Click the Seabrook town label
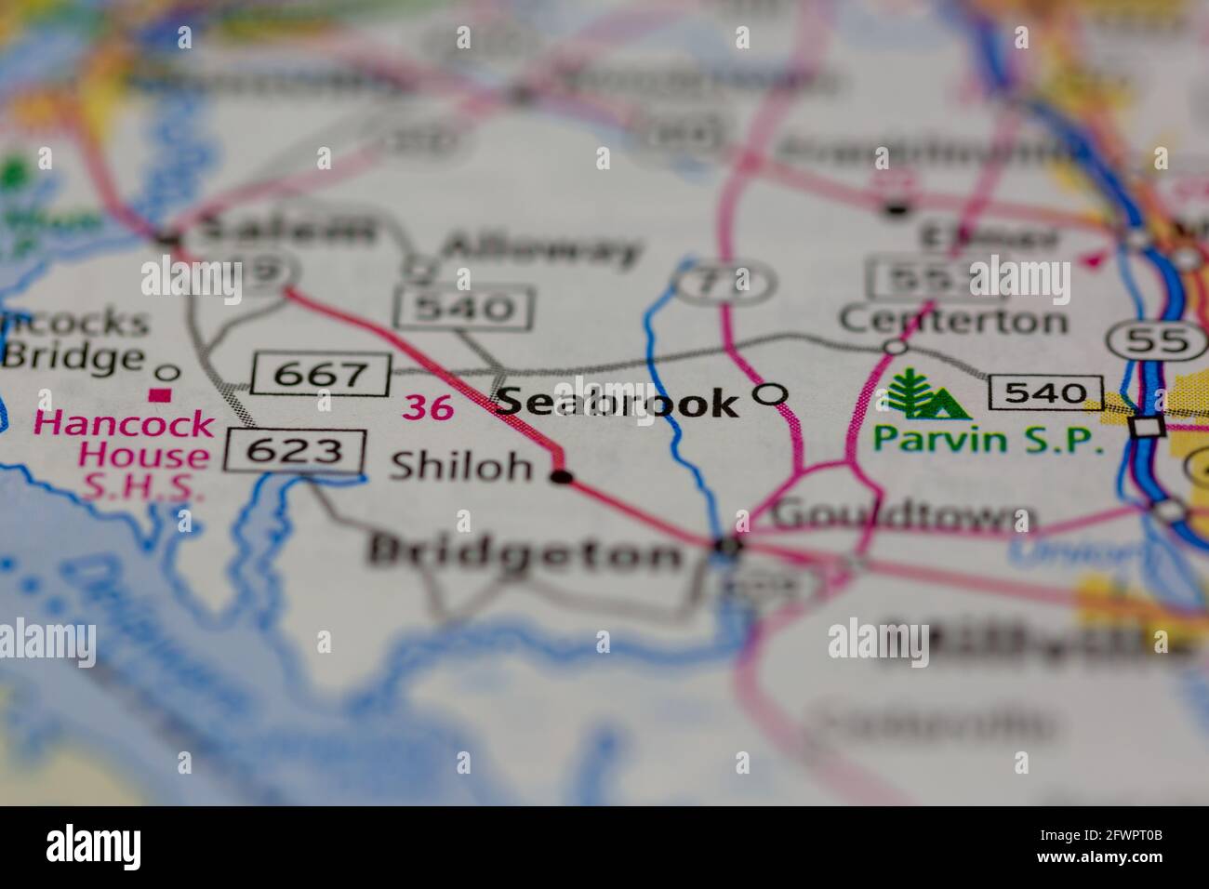(x=618, y=402)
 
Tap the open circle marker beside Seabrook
(x=769, y=394)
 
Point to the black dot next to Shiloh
(x=561, y=477)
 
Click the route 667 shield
(x=321, y=374)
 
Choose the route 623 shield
(x=294, y=452)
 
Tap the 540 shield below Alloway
(x=463, y=308)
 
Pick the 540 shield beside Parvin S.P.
(x=1046, y=391)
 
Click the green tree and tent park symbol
(x=924, y=394)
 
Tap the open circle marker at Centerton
(x=895, y=347)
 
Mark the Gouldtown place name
(x=904, y=514)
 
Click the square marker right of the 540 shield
(x=1147, y=426)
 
